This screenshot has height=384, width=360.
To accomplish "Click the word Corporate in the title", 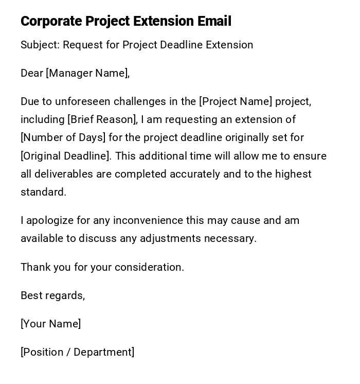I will point(51,21).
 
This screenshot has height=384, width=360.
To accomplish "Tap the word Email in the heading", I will point(214,21).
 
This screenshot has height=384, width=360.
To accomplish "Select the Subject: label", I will point(40,45).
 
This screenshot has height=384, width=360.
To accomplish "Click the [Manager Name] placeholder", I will point(86,73).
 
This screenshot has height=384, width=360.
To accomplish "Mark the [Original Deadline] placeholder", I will point(65,156).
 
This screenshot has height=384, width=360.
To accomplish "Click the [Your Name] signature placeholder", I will point(50,324).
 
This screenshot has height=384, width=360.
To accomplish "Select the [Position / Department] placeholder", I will point(77,352).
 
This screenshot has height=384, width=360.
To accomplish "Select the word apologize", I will point(50,220).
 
